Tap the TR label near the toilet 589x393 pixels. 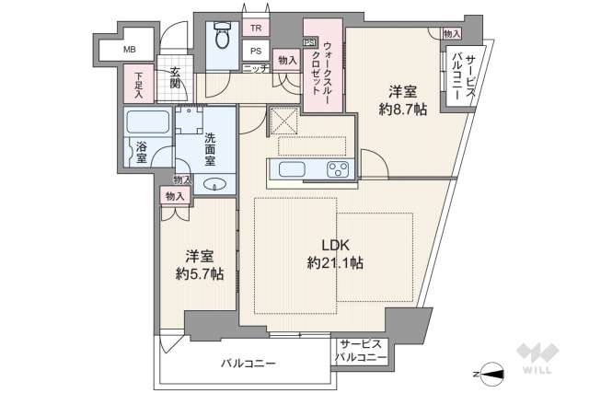256,28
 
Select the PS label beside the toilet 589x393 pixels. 256,52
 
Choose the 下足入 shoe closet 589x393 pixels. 138,85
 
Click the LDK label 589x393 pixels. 335,244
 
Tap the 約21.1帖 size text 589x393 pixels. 335,263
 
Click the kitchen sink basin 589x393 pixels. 294,170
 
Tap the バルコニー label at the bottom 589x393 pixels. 248,364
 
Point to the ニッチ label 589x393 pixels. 255,69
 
